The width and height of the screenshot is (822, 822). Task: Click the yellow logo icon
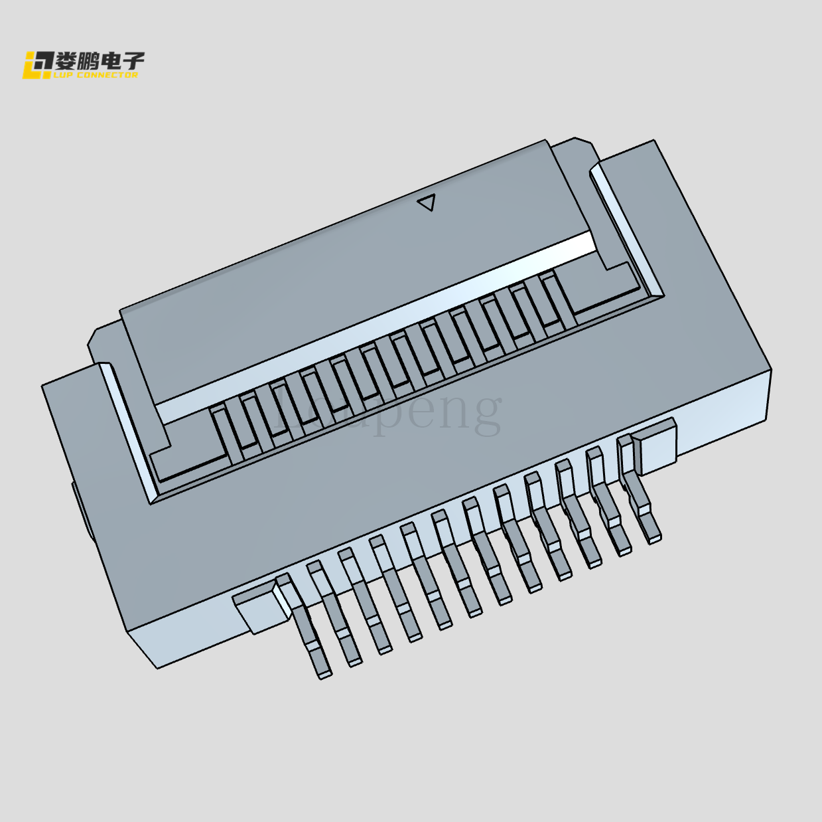click(37, 65)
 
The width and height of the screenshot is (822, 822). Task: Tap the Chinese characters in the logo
click(100, 61)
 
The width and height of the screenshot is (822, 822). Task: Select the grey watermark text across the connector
click(388, 412)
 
